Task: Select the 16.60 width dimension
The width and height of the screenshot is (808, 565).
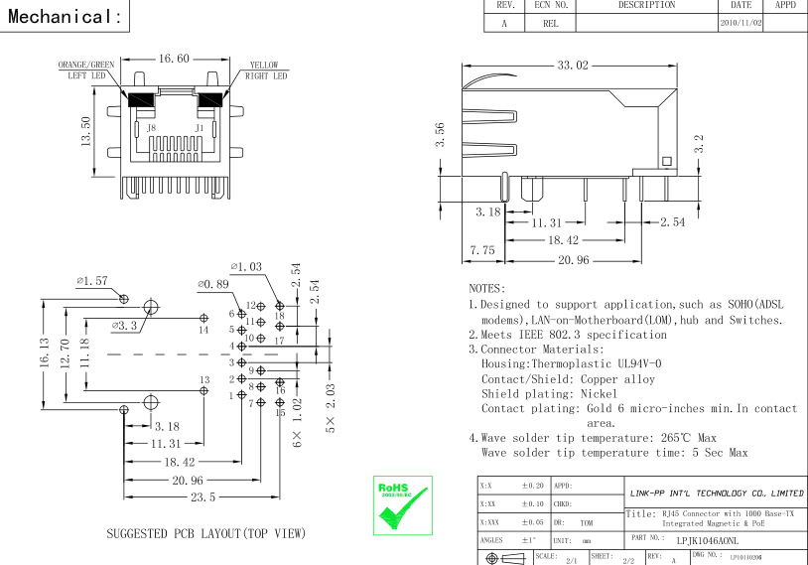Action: tap(174, 60)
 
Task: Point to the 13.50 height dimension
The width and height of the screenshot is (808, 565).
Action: tap(86, 129)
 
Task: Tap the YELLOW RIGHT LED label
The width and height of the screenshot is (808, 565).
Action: tap(264, 70)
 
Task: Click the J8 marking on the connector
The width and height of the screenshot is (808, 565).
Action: tap(151, 128)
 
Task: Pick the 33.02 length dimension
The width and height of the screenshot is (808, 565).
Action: tap(572, 66)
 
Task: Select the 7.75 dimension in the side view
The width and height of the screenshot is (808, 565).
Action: tap(482, 251)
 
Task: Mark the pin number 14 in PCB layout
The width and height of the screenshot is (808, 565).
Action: tap(203, 329)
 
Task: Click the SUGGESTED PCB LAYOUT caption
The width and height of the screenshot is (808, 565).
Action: tap(205, 533)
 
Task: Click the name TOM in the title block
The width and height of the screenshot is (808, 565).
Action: tap(587, 520)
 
